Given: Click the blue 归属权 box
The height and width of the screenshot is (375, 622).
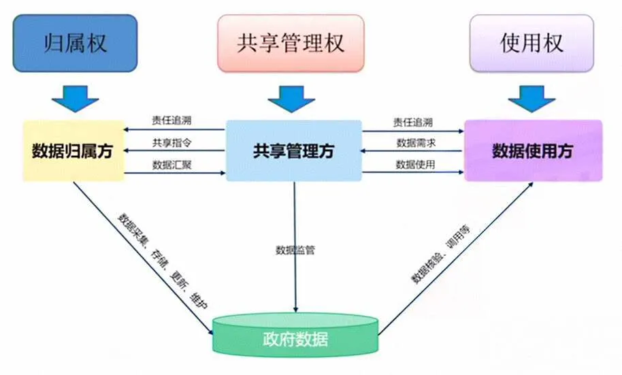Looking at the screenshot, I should point(75,44).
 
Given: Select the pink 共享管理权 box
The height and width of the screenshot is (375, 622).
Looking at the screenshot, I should point(291,44).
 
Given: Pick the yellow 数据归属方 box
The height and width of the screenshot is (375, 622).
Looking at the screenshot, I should point(73,151).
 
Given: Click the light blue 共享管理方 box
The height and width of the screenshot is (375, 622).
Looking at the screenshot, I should point(293,151).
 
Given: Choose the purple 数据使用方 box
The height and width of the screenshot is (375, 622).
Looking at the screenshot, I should point(533,151).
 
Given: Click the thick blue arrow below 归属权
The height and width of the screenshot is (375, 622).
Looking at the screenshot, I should point(75,97).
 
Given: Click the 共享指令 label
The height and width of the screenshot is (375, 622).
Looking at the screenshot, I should point(171,142).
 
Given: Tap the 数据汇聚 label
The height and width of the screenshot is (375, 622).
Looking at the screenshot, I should point(171,164).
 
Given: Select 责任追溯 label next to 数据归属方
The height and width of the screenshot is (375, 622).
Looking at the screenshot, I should point(171,120).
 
